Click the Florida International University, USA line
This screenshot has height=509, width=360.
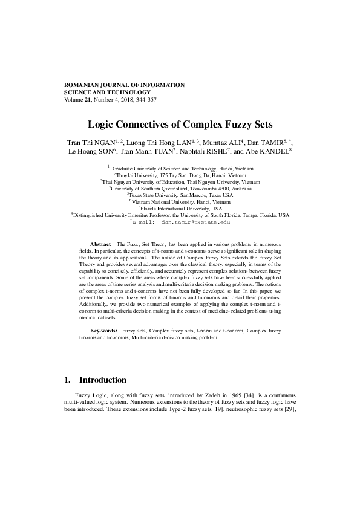(182, 209)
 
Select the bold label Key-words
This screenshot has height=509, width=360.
(103, 332)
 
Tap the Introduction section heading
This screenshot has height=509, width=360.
(102, 380)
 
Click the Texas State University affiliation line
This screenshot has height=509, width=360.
(181, 195)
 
